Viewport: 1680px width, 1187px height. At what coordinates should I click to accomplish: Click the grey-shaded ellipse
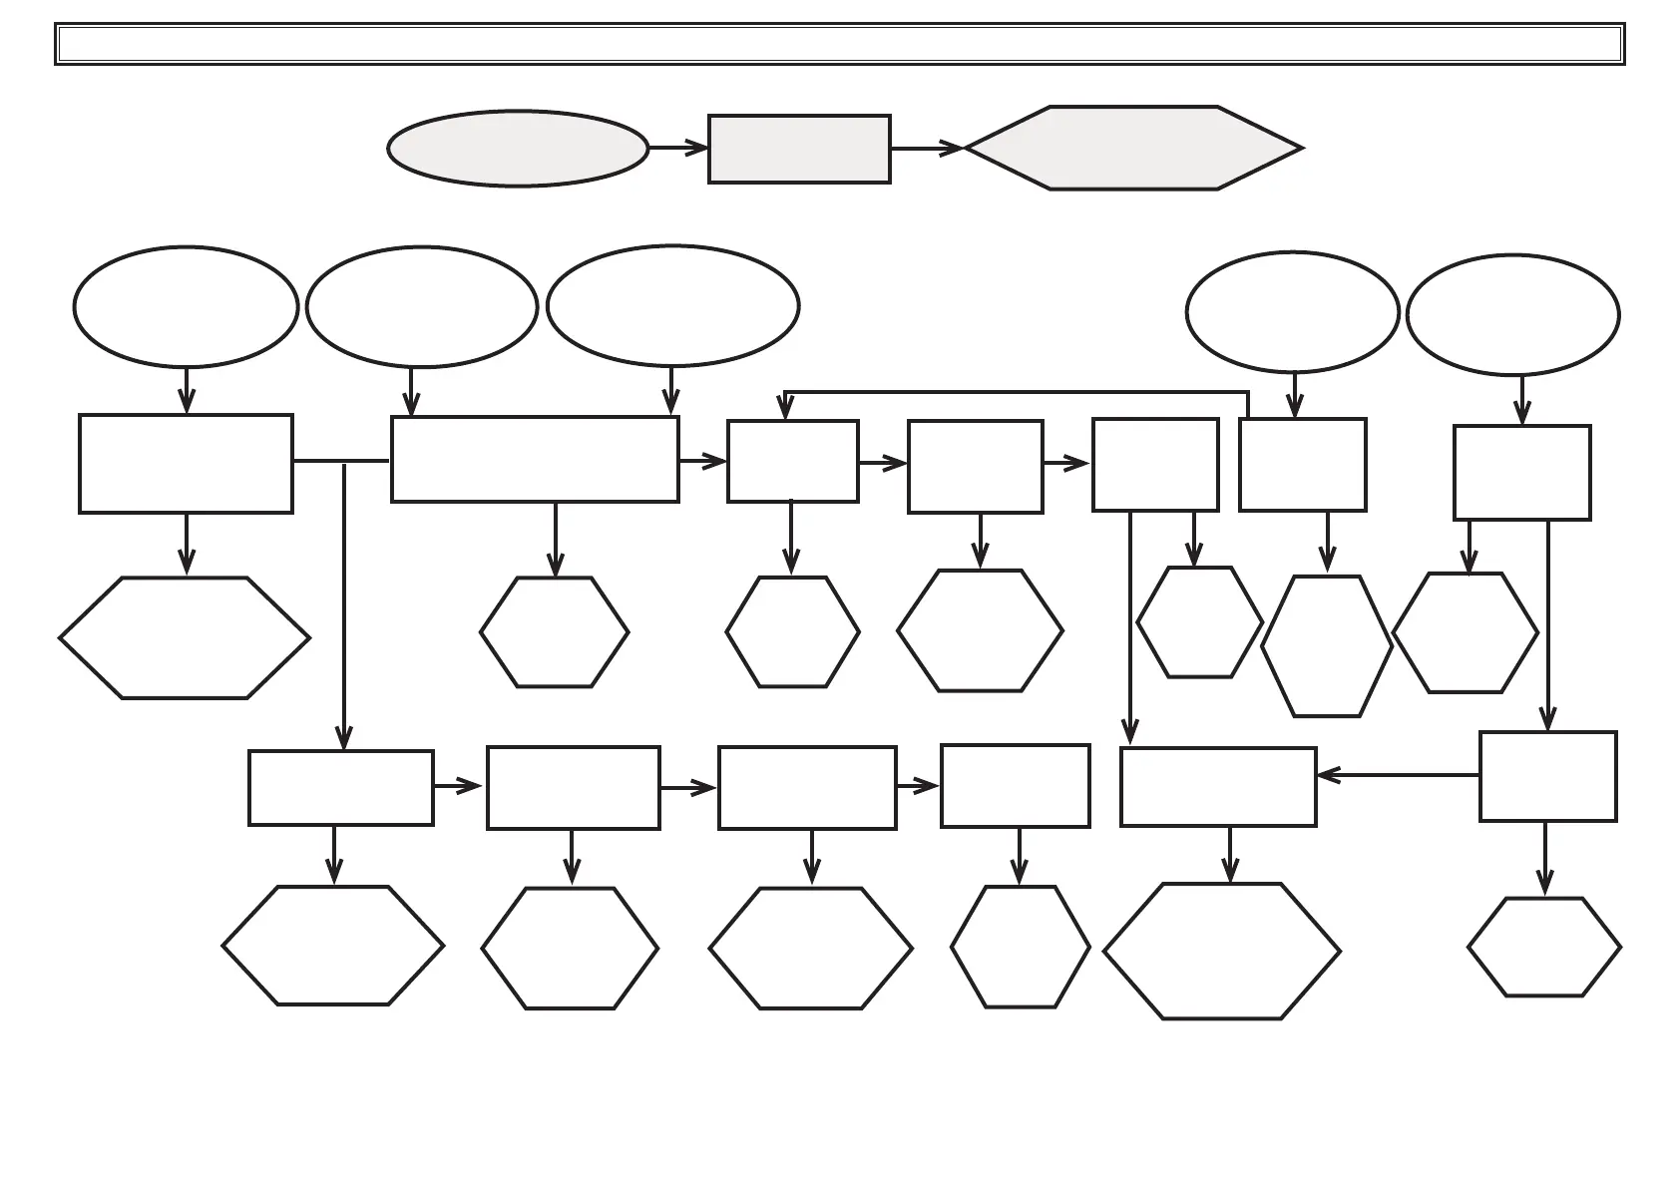[x=517, y=149]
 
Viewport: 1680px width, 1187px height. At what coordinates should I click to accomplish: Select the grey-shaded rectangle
[x=799, y=149]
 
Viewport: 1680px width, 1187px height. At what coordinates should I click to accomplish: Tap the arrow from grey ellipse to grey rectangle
[x=678, y=148]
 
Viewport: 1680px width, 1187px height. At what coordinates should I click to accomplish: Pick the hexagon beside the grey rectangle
[x=1133, y=148]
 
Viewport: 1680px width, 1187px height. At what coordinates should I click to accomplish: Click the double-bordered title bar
[x=839, y=44]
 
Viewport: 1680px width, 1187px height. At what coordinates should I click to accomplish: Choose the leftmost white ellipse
[x=186, y=306]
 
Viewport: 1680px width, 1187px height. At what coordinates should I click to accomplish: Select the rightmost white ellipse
[x=1512, y=314]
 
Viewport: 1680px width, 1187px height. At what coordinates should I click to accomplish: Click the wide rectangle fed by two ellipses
[x=535, y=459]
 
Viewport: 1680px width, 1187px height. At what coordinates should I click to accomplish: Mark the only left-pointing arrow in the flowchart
[x=1397, y=774]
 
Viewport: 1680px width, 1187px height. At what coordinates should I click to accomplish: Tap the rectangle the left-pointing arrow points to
[x=1218, y=787]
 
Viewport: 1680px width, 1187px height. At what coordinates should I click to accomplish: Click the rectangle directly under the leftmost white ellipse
[x=186, y=464]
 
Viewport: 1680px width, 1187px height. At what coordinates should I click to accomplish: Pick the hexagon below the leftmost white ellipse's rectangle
[x=185, y=637]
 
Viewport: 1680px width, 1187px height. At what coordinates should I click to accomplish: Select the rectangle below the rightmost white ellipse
[x=1521, y=473]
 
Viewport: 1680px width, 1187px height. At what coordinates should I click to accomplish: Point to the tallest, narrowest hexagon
[x=1327, y=645]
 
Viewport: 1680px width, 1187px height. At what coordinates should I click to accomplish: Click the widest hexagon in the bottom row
[x=1221, y=951]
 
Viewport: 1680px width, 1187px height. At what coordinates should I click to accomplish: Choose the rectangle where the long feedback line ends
[x=792, y=461]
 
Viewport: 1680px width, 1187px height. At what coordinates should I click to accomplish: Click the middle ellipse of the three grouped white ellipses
[x=422, y=306]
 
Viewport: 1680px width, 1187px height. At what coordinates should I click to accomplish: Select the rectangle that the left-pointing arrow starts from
[x=1547, y=776]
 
